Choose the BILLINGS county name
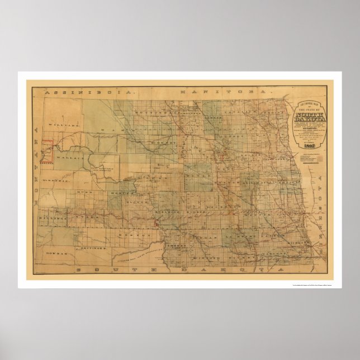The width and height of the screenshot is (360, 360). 49,213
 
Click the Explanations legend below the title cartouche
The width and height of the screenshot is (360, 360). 310,155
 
